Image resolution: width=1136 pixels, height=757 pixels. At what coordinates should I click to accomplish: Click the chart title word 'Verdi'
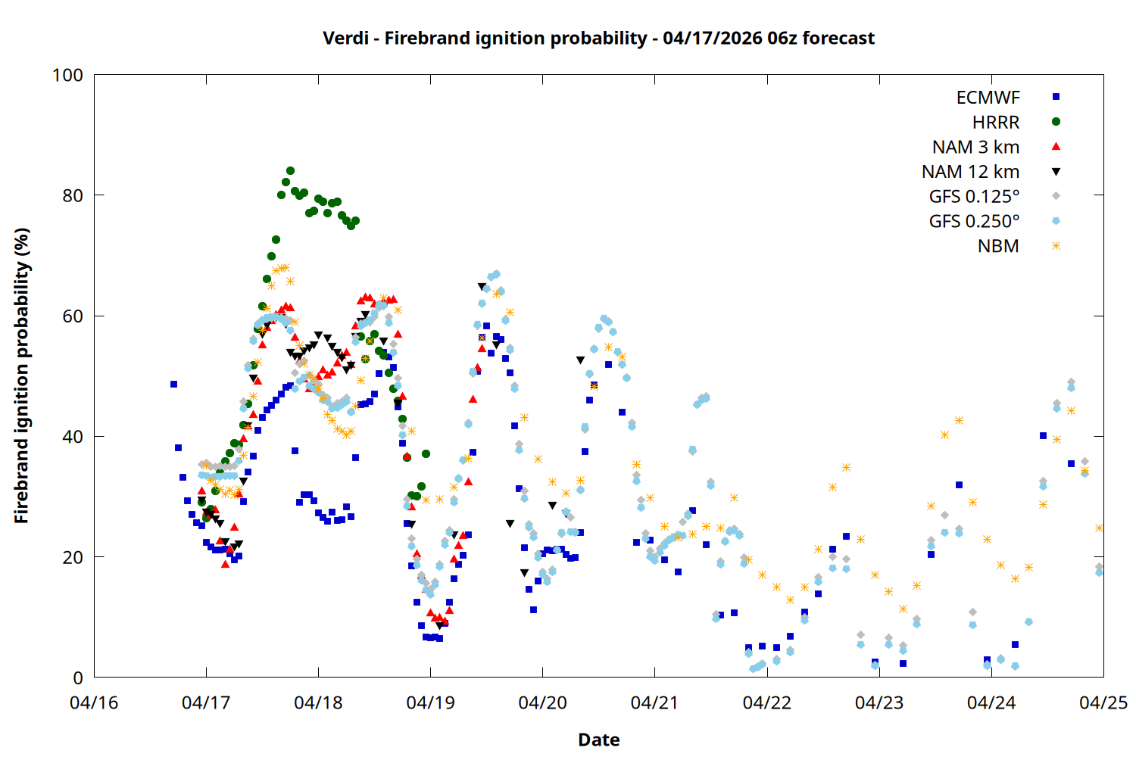[346, 38]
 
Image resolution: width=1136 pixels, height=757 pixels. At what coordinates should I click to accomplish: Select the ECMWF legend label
[988, 98]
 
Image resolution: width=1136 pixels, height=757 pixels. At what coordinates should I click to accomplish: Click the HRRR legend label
[996, 123]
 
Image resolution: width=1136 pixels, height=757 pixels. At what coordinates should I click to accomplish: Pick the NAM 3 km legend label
[975, 147]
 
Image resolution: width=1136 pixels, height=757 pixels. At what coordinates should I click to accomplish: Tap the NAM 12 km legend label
[970, 172]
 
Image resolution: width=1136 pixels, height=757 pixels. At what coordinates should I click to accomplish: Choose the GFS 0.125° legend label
[974, 197]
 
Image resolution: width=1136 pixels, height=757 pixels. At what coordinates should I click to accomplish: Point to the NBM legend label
[998, 246]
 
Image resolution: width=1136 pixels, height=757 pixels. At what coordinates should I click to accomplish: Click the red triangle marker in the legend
[1056, 147]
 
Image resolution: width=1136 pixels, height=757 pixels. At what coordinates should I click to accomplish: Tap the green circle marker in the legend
[1056, 122]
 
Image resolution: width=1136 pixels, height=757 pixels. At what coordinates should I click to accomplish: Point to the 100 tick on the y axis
[67, 75]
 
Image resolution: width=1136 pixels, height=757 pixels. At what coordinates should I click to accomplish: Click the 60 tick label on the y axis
[73, 316]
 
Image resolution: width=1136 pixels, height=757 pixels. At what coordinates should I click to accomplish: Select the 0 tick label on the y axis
[78, 678]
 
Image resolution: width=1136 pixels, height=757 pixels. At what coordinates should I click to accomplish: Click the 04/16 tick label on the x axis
[94, 702]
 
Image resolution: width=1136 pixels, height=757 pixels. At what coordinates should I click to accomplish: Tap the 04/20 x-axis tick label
[542, 702]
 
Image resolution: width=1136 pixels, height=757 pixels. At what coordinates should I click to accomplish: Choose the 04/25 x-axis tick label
[1103, 702]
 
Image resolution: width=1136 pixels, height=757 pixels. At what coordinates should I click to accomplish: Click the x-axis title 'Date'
[598, 740]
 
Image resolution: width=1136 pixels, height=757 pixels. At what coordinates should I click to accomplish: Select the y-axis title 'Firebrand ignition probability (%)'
[21, 376]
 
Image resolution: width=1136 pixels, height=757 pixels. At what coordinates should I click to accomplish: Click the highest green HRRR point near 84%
[290, 171]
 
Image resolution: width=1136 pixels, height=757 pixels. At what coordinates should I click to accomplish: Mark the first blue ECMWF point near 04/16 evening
[173, 385]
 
